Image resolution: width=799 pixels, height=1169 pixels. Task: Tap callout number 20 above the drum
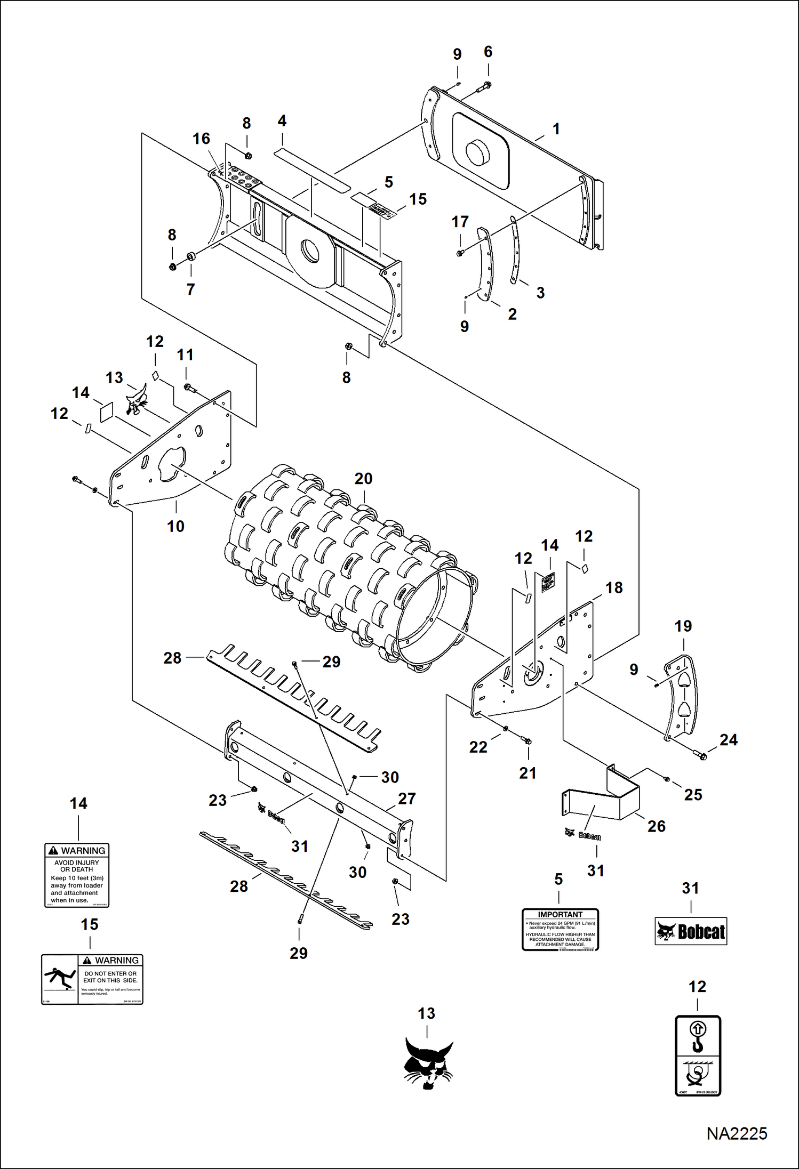point(363,479)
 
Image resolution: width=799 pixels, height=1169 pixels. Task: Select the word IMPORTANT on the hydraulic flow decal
point(560,914)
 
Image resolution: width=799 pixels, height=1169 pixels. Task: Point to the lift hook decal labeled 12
point(698,1055)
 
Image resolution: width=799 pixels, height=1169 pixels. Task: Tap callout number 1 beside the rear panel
point(556,129)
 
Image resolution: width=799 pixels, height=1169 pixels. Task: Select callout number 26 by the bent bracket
point(656,826)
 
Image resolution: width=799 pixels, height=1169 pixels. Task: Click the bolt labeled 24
point(700,754)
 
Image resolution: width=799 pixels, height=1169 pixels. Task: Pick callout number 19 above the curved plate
point(683,626)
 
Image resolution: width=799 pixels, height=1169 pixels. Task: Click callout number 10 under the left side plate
point(175,526)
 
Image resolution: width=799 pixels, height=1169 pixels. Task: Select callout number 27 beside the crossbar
point(406,799)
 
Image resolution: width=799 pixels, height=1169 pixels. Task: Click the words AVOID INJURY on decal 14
point(77,862)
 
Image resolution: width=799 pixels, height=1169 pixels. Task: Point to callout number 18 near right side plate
point(614,587)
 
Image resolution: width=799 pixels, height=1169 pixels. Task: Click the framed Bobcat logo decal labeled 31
point(691,931)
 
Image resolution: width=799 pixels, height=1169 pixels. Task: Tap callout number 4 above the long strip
point(282,121)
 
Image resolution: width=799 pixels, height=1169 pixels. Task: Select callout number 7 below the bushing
point(190,289)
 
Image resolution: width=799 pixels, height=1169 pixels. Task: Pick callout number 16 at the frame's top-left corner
point(201,139)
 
